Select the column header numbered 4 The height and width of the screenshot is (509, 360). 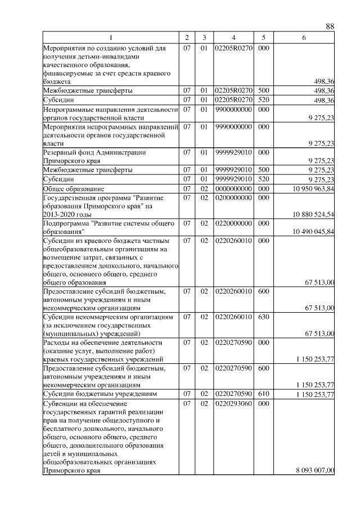[x=233, y=37]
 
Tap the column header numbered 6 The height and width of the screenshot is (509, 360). [x=304, y=37]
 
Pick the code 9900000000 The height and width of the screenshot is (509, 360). [x=233, y=109]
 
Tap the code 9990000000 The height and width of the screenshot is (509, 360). [x=233, y=127]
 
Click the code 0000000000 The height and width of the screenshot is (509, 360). [x=233, y=189]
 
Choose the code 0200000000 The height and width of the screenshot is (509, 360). [x=233, y=197]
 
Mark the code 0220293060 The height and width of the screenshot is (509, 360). [x=233, y=403]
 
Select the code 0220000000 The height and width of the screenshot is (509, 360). [x=233, y=223]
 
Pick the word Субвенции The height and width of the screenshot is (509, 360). [x=62, y=403]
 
